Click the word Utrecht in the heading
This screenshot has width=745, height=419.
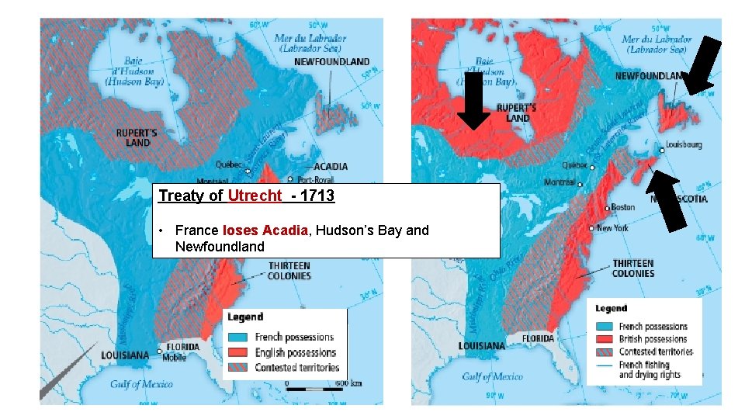(x=255, y=196)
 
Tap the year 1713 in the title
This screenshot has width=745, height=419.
(x=319, y=196)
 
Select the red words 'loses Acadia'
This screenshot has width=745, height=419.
(x=265, y=230)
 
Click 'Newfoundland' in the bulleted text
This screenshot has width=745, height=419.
(x=220, y=247)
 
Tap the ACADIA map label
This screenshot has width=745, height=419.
(x=331, y=166)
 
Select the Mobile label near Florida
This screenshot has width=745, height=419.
(x=175, y=358)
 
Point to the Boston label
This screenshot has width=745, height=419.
(x=622, y=207)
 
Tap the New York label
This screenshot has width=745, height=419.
(x=613, y=228)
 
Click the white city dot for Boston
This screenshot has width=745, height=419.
(x=606, y=208)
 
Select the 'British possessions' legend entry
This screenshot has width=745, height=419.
(x=653, y=339)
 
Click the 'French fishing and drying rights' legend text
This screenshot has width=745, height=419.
(x=651, y=369)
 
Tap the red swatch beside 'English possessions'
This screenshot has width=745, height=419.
(x=239, y=352)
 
